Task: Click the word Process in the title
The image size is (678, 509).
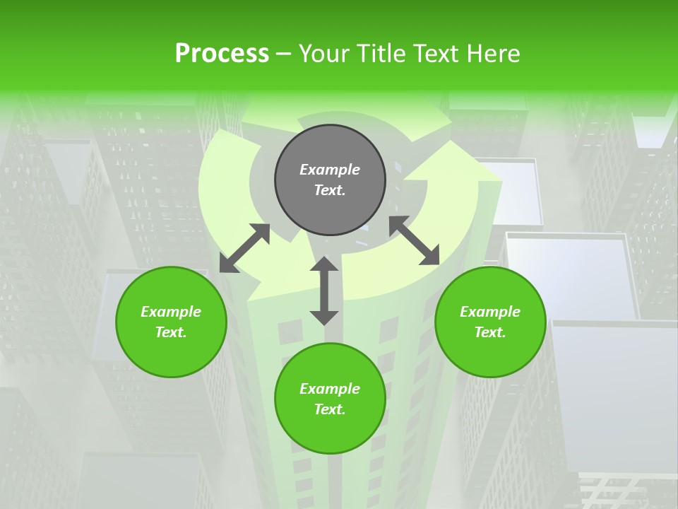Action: click(222, 54)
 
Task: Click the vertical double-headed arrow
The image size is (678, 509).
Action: click(324, 291)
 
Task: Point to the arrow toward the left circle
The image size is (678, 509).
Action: click(244, 248)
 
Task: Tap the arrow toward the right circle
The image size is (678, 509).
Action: click(415, 240)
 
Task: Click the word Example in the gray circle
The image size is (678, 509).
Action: click(330, 170)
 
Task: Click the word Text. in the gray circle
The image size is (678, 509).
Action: click(330, 190)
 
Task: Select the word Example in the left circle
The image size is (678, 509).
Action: click(171, 312)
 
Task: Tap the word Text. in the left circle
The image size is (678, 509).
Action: click(171, 332)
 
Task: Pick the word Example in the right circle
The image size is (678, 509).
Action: click(490, 312)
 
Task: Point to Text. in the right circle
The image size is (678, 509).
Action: click(490, 332)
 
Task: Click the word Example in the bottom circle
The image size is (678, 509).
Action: click(330, 389)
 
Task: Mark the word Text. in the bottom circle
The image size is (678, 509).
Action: click(330, 409)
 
